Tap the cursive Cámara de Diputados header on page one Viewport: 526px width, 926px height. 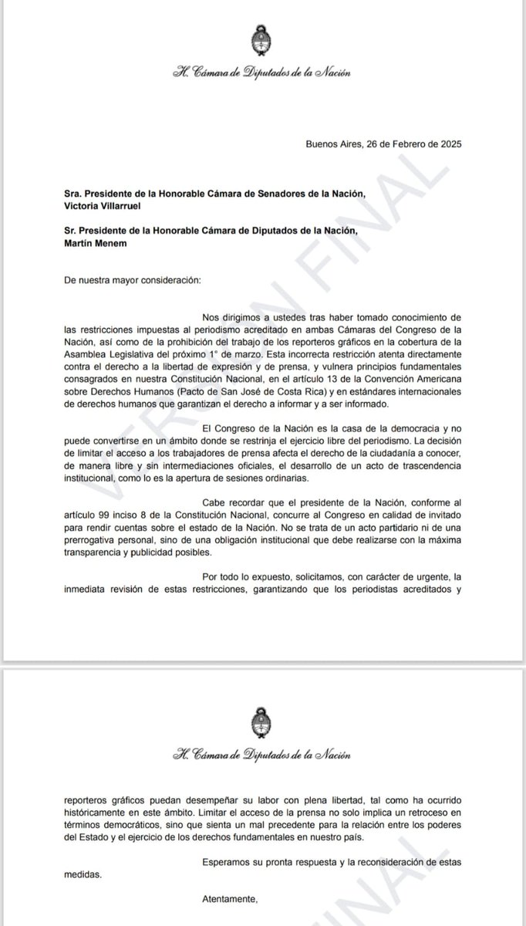tap(261, 73)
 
